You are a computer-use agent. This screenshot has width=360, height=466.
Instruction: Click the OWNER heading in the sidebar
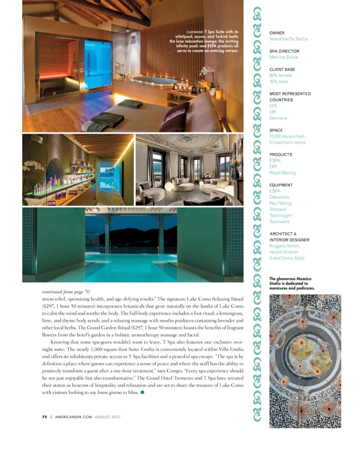pos(277,33)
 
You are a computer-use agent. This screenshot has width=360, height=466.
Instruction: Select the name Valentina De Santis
pos(289,39)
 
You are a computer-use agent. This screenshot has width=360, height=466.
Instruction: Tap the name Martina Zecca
pos(283,57)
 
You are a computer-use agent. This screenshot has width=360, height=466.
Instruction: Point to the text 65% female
pos(281,76)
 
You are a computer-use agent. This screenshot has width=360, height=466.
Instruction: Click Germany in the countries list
pos(278,118)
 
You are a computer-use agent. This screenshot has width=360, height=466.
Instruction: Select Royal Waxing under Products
pos(282,173)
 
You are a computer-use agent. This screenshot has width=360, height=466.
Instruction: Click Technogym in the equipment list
pos(280,215)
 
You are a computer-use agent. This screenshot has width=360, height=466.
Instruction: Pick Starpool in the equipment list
pos(278,210)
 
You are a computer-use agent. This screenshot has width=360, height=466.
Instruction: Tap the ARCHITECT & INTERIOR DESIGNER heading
pos(289,236)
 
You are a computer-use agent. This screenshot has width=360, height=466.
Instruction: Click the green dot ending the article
pos(142,393)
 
